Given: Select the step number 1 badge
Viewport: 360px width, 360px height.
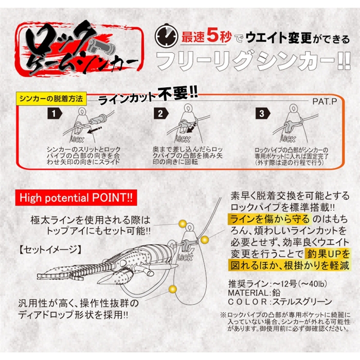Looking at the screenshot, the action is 55,114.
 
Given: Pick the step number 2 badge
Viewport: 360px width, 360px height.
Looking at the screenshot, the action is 160,114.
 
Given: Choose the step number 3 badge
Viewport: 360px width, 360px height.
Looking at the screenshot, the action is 263,114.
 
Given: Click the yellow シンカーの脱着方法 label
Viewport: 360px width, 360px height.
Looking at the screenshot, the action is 51,99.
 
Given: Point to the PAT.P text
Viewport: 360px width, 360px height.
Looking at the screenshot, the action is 325,101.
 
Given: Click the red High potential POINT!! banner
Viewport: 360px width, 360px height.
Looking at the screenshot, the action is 76,197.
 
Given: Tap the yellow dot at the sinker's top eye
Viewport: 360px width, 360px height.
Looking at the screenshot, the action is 183,224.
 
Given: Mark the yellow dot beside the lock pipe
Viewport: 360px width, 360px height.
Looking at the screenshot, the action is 204,240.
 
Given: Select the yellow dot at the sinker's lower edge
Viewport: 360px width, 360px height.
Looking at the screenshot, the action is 172,289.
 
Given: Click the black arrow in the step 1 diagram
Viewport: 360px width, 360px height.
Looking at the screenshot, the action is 94,130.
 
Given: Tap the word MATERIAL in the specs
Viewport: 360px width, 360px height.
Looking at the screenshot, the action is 247,293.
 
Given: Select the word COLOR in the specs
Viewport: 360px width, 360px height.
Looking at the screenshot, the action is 247,302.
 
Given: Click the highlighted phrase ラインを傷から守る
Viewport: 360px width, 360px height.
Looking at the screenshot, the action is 270,219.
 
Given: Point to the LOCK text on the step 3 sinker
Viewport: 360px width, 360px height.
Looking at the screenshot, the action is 288,139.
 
